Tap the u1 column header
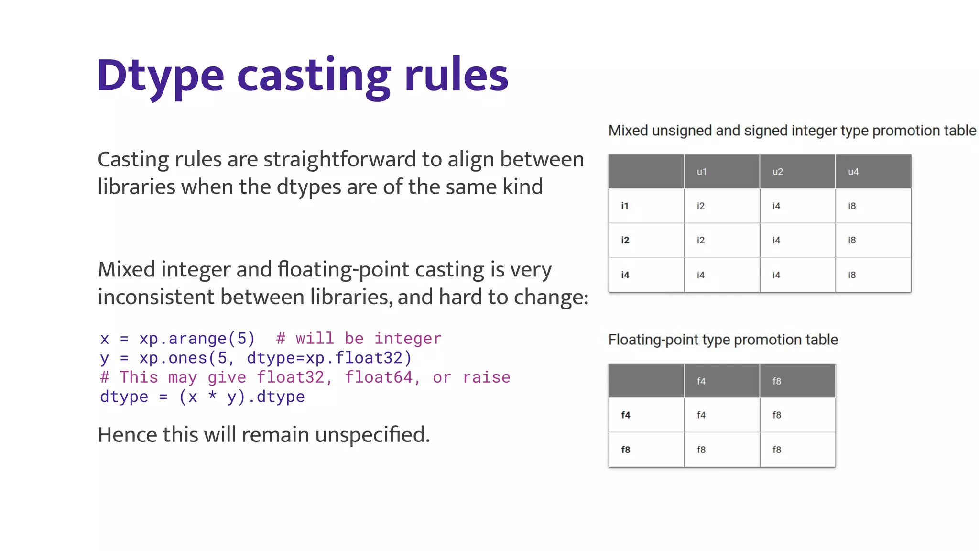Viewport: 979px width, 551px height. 701,172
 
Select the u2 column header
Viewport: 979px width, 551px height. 777,172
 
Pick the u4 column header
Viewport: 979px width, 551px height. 853,172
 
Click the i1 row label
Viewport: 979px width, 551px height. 625,206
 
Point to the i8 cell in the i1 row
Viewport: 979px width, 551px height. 852,206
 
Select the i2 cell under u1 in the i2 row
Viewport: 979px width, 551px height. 700,240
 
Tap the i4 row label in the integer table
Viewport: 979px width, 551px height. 625,275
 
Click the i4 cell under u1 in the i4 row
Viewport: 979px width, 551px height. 700,275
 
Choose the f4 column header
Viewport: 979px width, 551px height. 701,381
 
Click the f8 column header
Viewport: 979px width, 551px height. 777,381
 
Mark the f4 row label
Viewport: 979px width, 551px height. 625,415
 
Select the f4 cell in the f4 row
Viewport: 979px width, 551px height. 701,415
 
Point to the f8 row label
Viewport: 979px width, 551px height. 625,450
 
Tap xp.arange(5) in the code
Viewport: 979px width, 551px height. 197,339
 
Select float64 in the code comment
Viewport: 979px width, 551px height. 379,377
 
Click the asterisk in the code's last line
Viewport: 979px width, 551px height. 212,397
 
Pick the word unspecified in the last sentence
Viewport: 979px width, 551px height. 372,435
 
